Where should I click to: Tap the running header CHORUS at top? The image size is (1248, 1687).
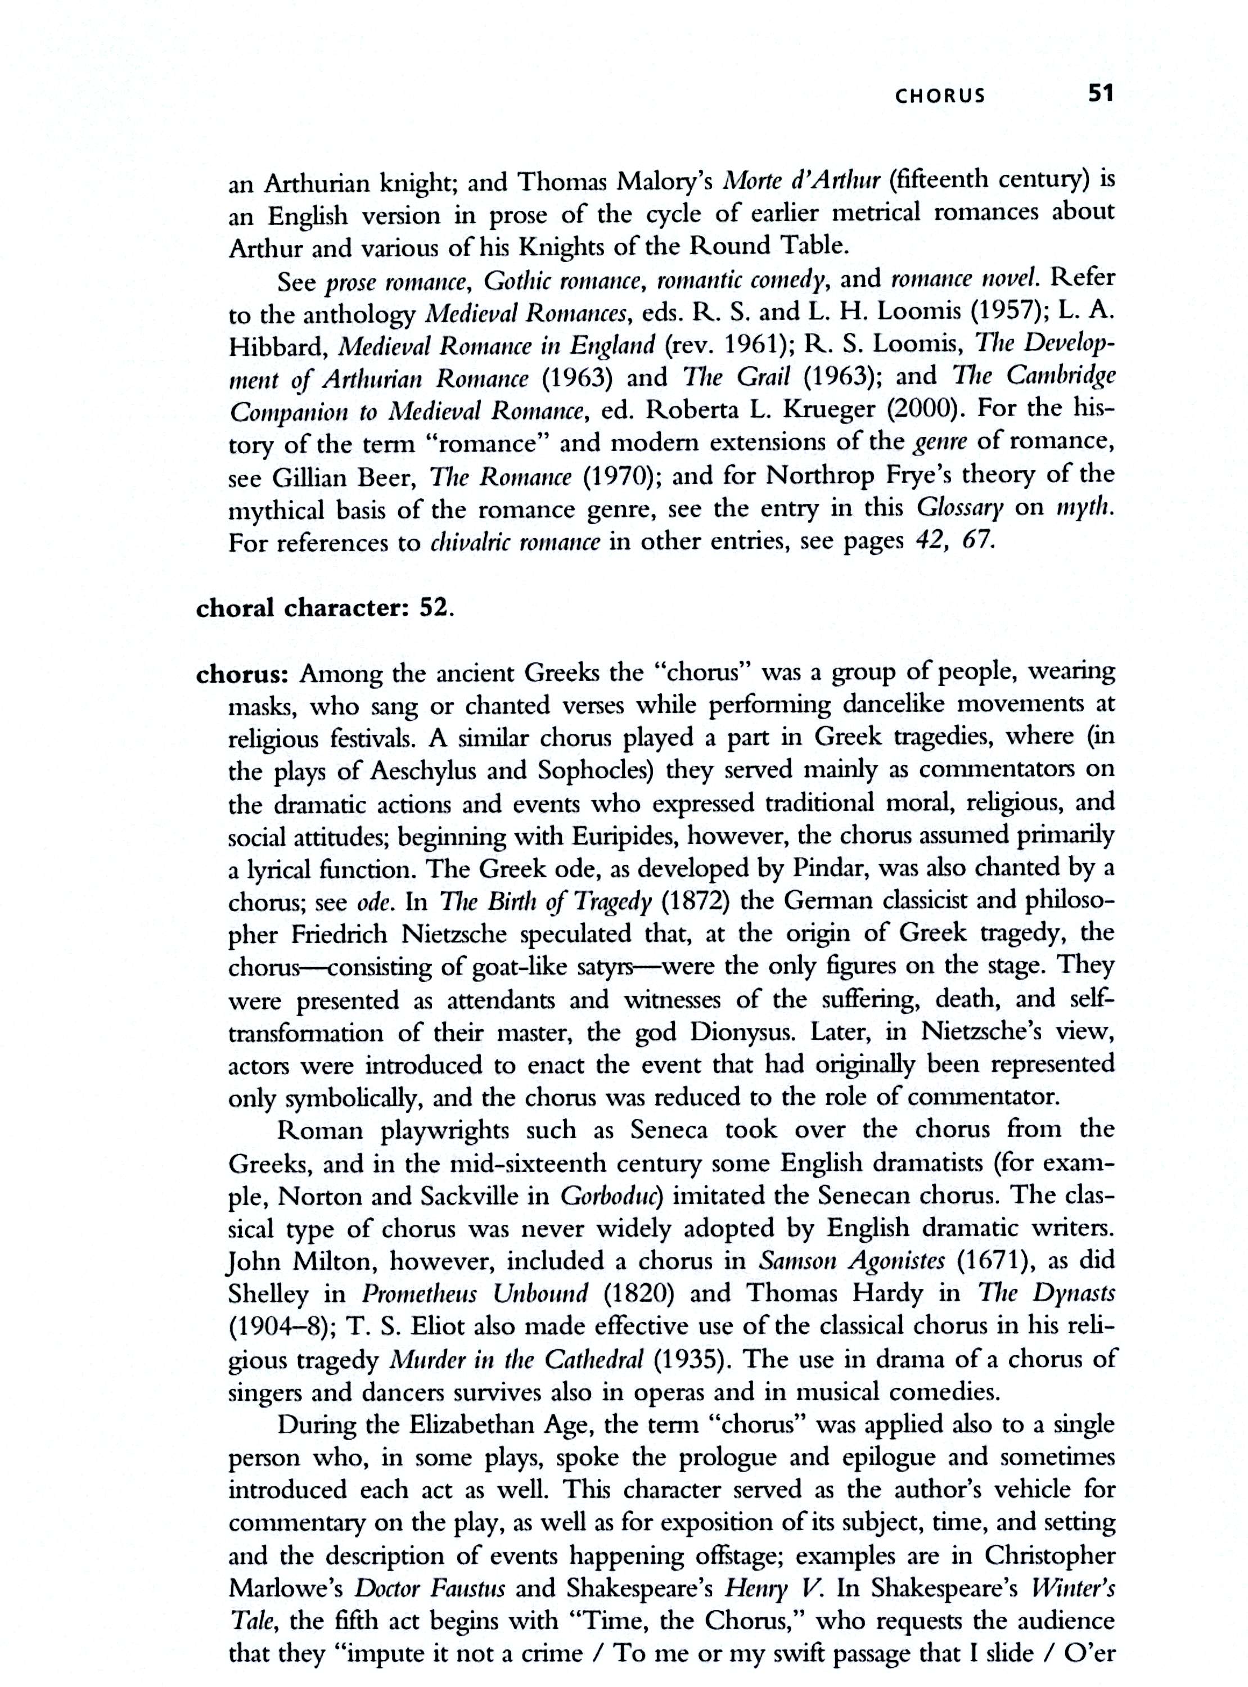pyautogui.click(x=940, y=96)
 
